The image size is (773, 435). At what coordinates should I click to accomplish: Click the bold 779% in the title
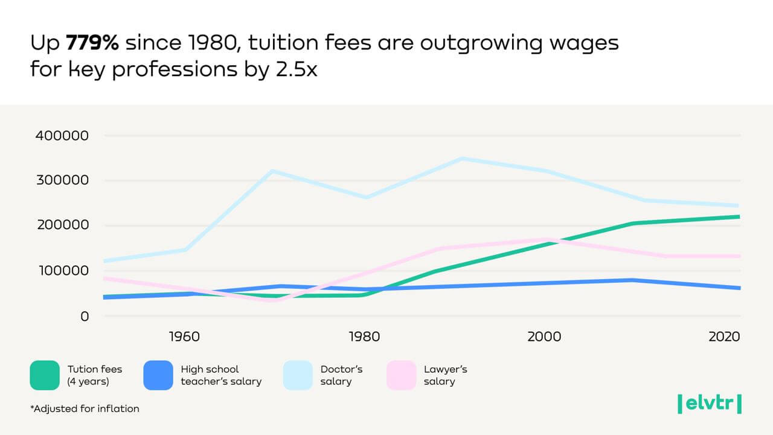(x=92, y=43)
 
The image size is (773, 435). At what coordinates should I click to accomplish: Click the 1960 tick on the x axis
(x=184, y=337)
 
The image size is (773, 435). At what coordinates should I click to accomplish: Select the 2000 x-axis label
(x=544, y=337)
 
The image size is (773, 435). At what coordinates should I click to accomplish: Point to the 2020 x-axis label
(x=724, y=337)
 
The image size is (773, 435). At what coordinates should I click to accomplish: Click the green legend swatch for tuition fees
(x=45, y=375)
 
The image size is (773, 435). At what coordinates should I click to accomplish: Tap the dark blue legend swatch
(x=158, y=375)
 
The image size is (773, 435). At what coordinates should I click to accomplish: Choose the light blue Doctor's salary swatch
(x=298, y=375)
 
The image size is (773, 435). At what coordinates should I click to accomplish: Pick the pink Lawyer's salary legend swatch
(x=402, y=375)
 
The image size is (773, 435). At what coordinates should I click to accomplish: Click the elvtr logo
(x=709, y=403)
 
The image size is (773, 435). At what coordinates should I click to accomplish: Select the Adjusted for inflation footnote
(x=85, y=409)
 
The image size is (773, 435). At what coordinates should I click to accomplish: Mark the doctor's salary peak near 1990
(x=463, y=159)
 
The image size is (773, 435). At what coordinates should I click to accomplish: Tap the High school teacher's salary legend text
(x=221, y=375)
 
